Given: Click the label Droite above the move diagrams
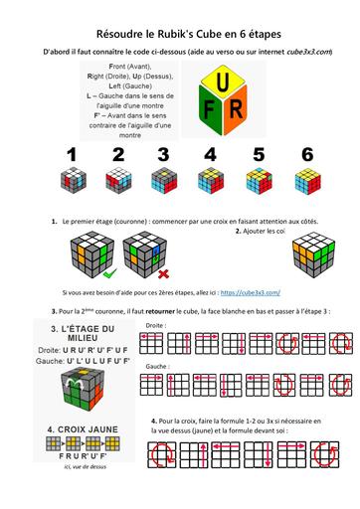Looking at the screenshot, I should click(155, 324).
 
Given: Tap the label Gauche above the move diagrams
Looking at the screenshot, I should click(157, 367).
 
